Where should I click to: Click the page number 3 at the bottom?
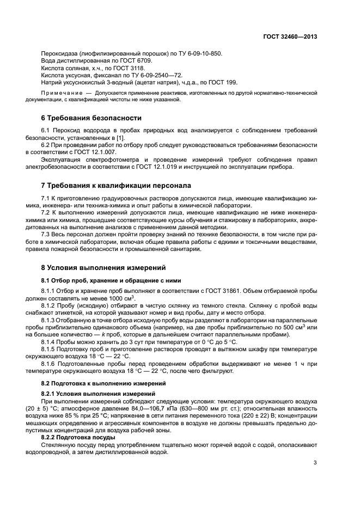click(315, 463)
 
